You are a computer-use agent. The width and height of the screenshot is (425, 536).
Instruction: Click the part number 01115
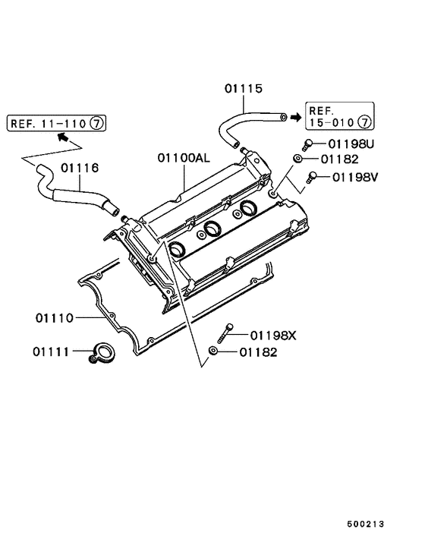[x=243, y=90]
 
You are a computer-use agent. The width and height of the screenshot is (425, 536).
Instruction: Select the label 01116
[x=80, y=167]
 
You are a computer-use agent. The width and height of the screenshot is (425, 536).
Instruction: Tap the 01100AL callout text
[x=184, y=159]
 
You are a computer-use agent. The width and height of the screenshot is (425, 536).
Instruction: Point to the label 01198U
[x=353, y=143]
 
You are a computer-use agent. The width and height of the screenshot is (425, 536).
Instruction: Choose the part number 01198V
[x=353, y=178]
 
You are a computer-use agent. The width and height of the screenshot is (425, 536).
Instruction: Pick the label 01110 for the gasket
[x=54, y=317]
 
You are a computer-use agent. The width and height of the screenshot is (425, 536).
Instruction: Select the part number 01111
[x=51, y=352]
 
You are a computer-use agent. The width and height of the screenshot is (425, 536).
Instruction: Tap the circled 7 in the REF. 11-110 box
[x=98, y=121]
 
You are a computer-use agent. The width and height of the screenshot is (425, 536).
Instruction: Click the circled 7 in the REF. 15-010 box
[x=364, y=121]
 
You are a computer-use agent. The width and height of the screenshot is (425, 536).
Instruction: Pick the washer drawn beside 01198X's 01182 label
[x=215, y=352]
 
